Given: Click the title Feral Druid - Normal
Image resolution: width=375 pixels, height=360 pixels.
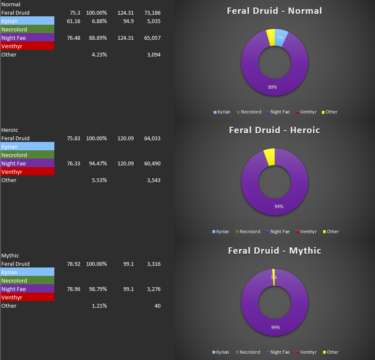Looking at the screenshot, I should (x=274, y=11).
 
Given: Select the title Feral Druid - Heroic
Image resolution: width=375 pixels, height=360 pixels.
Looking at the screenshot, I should (x=274, y=130).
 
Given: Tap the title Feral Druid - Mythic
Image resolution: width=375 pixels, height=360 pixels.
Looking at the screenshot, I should (x=274, y=251).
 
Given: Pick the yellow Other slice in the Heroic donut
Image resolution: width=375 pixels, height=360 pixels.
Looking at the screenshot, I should (x=270, y=155).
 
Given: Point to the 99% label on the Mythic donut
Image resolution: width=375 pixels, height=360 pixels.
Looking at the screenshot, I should (x=275, y=327).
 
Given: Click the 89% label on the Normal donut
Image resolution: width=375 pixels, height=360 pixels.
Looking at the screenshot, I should (x=273, y=87).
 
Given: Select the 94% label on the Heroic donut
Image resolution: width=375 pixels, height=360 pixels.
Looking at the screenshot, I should (x=279, y=206).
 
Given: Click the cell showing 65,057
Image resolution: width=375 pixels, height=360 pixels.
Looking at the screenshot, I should (x=152, y=38).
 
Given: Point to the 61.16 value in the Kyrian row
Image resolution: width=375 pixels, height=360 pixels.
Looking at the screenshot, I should (x=74, y=21).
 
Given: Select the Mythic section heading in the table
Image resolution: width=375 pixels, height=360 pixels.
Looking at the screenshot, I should (x=10, y=256).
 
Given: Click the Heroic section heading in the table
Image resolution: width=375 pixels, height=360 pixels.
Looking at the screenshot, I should (x=10, y=130).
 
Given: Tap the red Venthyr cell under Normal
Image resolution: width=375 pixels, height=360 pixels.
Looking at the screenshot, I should (x=27, y=46).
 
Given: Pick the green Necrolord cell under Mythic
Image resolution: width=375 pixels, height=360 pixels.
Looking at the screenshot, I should (x=27, y=280).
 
